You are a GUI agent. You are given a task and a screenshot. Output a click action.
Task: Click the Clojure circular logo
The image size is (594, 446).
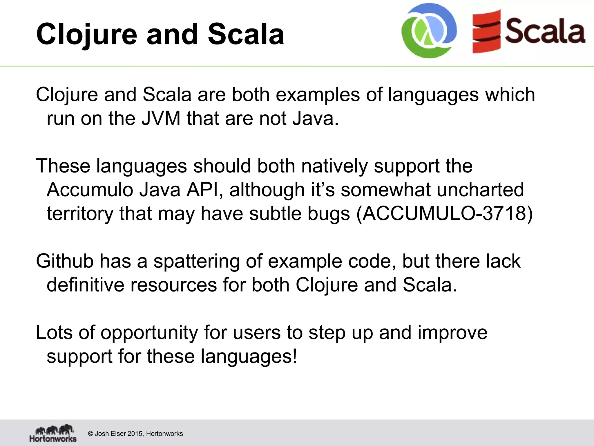click(x=429, y=31)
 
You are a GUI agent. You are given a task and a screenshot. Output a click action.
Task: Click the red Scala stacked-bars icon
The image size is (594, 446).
click(x=486, y=32)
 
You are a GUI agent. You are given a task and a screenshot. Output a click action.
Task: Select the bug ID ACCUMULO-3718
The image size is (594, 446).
click(x=444, y=214)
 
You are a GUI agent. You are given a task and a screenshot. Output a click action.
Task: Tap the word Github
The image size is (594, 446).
click(x=65, y=261)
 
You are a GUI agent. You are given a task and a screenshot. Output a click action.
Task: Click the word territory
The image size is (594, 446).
click(x=80, y=214)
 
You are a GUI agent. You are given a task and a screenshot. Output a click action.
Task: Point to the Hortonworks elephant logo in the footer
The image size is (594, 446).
click(x=53, y=434)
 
